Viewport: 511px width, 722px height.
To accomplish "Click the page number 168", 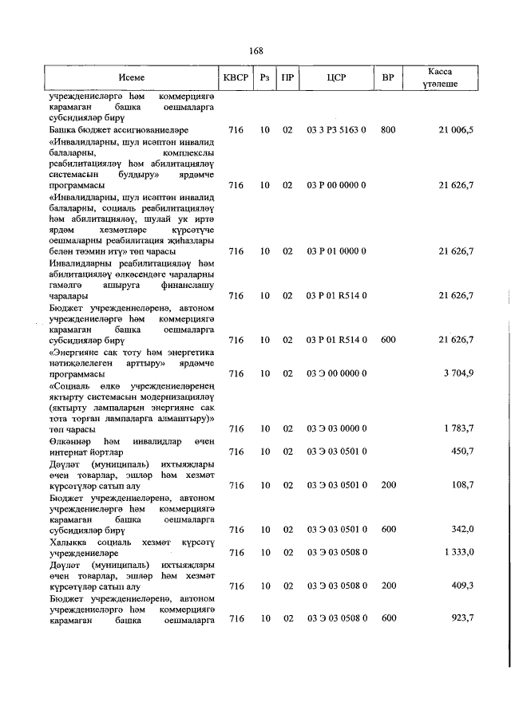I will [255, 51].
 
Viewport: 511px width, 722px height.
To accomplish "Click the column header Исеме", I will [132, 79].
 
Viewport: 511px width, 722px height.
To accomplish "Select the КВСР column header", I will [236, 79].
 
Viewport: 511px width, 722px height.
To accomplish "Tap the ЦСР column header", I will [336, 79].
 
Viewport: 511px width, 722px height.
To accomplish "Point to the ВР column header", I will [388, 79].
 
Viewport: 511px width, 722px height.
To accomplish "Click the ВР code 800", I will [388, 128].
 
